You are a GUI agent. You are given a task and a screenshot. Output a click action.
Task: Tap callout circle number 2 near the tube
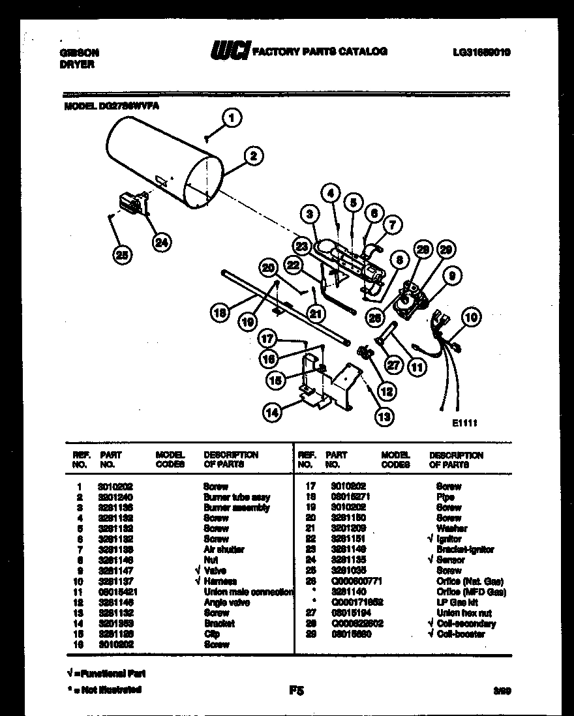click(x=253, y=155)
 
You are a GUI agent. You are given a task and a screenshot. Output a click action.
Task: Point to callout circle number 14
click(x=272, y=411)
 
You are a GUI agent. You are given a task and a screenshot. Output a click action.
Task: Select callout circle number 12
click(x=386, y=391)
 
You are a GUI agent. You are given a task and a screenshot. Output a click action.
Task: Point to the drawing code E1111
click(x=464, y=423)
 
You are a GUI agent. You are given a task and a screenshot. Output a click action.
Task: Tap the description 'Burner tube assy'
click(x=237, y=497)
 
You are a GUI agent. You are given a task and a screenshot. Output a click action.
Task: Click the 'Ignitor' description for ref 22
click(x=449, y=539)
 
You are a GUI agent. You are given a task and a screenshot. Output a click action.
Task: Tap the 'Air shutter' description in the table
click(x=224, y=550)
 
